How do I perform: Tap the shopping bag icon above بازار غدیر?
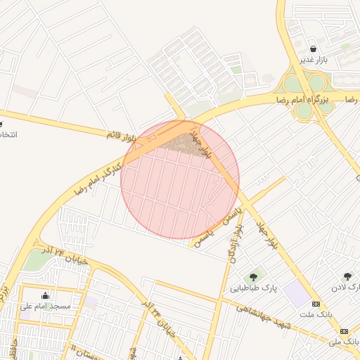point(312,49)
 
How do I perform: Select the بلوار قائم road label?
point(120,133)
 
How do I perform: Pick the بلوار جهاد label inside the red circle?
point(201,141)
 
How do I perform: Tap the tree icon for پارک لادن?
point(347,276)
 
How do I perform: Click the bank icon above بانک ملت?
point(316,304)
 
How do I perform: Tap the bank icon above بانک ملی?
point(344,330)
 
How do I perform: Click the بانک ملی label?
point(344,342)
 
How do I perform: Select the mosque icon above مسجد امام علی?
point(46,295)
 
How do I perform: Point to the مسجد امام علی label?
point(46,307)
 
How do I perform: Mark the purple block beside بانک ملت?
point(298,295)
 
